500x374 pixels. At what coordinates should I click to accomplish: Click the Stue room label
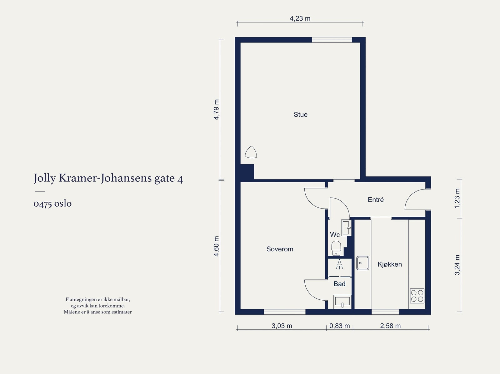(x=300, y=115)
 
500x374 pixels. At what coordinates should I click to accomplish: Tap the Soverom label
(x=280, y=249)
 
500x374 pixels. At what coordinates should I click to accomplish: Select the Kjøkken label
(x=389, y=264)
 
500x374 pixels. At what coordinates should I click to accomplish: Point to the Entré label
(x=376, y=199)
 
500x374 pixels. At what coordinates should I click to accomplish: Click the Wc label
(x=335, y=234)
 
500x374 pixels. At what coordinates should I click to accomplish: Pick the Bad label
(x=339, y=284)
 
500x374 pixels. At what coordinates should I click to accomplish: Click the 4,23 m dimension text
(x=300, y=18)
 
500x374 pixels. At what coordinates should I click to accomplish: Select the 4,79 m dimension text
(x=216, y=110)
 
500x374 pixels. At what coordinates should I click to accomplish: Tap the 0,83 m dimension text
(x=339, y=326)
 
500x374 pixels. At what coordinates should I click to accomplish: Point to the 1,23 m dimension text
(x=457, y=198)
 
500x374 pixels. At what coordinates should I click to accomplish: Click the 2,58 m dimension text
(x=390, y=326)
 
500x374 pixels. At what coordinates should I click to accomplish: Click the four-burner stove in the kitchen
(x=417, y=296)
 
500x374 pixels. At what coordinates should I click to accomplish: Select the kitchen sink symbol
(x=362, y=263)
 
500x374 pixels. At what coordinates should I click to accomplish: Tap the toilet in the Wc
(x=336, y=248)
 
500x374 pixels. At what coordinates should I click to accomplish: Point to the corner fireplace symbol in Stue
(x=251, y=152)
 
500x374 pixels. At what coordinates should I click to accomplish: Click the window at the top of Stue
(x=332, y=40)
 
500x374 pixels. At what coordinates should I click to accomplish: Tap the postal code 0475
(x=42, y=204)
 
